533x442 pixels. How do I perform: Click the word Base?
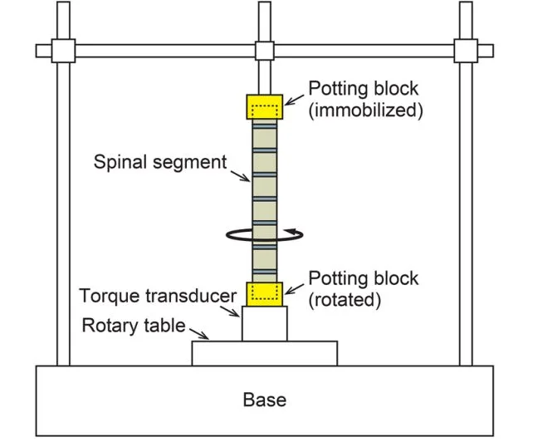click(265, 400)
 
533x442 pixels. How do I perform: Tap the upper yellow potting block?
click(250, 107)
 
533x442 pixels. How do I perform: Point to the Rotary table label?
click(132, 326)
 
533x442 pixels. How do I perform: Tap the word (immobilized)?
click(366, 110)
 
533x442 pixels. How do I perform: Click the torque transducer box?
click(265, 324)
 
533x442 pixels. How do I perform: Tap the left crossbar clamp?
click(63, 50)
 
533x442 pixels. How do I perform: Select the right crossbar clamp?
click(465, 50)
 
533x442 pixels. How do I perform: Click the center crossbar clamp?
click(264, 50)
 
